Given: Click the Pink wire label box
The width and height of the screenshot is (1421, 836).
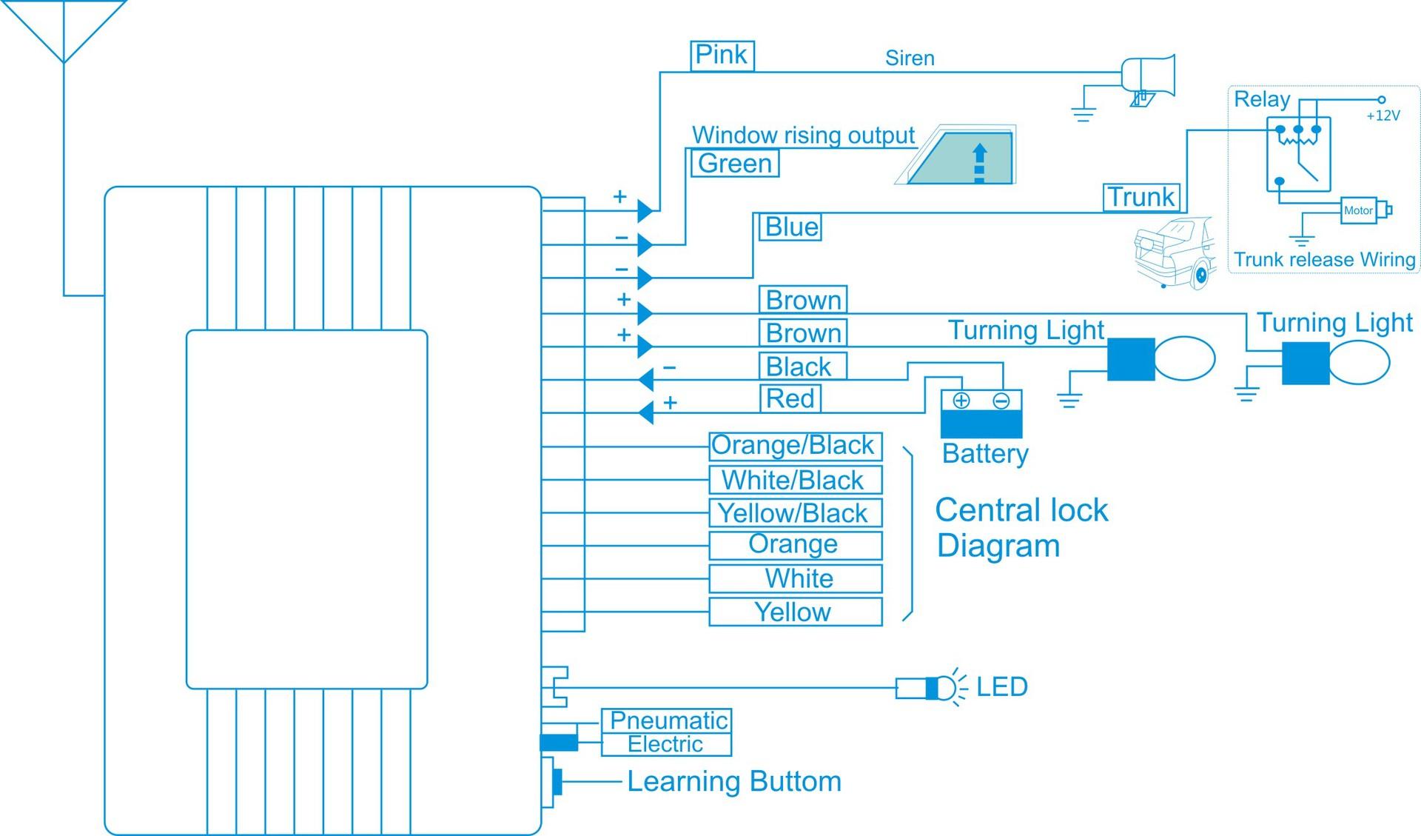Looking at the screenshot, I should (722, 56).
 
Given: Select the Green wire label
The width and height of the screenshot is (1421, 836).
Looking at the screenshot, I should (734, 164).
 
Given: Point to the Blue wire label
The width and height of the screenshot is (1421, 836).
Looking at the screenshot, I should (790, 227).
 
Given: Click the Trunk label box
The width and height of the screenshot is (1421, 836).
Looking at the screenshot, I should (1141, 198).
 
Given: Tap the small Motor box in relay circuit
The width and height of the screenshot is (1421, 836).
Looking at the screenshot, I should (1358, 210).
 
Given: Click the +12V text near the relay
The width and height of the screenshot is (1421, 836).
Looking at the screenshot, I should (1383, 116).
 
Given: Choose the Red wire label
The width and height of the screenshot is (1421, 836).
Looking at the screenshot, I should (790, 398).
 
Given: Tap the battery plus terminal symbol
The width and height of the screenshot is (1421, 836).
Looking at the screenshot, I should (961, 401).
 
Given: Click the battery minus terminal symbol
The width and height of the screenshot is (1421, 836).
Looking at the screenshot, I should (1001, 401).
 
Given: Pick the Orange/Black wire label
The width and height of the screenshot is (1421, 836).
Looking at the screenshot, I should (795, 446).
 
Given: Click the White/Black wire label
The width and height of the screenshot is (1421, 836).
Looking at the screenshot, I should (795, 480).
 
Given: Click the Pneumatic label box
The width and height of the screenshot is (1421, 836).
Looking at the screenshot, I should (668, 720).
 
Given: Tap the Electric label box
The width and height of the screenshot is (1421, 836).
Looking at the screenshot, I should (665, 745).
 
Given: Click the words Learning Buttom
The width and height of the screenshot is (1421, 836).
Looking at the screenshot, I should (733, 782).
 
